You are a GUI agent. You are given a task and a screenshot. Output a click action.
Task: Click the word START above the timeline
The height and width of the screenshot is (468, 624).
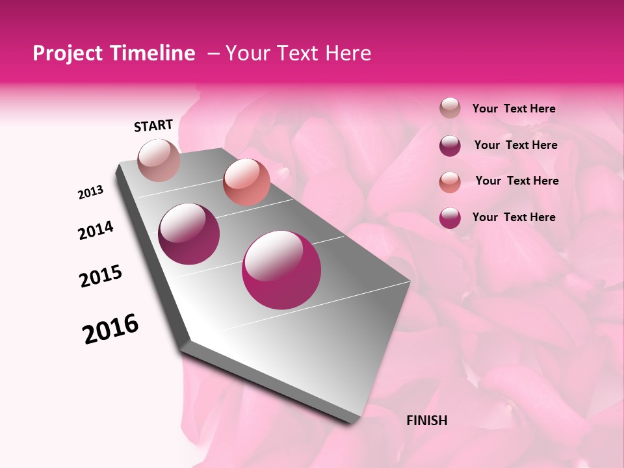point(153,125)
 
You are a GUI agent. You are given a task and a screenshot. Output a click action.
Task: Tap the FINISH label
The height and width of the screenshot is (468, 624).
point(426,421)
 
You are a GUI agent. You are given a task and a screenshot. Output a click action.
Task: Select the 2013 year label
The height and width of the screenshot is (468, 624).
point(90,192)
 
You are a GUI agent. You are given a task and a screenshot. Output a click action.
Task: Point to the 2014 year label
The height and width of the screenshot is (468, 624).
point(96,230)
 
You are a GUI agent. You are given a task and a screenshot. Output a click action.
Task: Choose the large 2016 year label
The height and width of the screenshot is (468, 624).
point(110,329)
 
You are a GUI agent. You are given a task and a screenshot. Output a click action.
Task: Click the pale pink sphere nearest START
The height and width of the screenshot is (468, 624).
point(159,160)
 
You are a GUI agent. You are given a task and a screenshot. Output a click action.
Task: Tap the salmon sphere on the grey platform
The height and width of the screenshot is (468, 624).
point(246,181)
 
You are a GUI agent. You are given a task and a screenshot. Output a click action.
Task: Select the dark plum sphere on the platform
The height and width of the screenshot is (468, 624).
point(189,234)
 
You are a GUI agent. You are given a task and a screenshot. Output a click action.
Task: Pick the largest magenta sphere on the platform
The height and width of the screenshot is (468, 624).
point(281,270)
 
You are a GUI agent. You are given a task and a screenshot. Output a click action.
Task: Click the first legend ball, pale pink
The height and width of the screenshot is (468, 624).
point(450,109)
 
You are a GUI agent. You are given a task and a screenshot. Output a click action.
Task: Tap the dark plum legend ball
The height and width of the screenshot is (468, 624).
point(450,146)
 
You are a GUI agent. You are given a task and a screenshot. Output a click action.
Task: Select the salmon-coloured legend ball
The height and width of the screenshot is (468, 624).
point(450,182)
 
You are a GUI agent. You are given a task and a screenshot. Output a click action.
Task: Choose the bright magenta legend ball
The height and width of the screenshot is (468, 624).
point(450,218)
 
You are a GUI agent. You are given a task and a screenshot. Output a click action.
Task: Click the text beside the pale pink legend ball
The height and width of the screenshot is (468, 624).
point(513,109)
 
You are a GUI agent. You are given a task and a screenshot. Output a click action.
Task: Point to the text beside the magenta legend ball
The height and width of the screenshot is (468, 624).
point(513,217)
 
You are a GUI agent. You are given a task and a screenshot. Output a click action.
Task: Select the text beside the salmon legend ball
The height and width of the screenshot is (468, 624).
point(517,181)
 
